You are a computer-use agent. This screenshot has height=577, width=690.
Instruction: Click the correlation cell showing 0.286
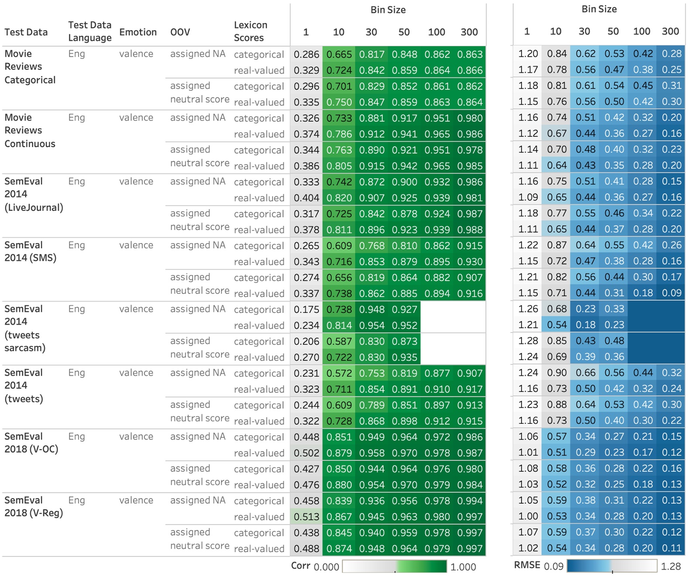point(306,55)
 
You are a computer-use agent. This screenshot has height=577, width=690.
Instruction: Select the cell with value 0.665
point(339,55)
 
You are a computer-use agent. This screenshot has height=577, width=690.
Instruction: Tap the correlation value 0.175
point(306,309)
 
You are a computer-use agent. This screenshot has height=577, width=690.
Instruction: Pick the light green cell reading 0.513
point(306,517)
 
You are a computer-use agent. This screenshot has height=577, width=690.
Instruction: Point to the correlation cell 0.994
point(470,501)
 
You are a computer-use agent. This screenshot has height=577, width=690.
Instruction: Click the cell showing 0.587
point(339,341)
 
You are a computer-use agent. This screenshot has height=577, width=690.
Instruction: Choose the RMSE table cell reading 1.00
point(528,516)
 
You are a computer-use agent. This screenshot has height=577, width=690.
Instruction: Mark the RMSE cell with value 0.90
point(557,372)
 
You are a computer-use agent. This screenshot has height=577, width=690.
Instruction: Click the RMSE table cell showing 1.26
point(528,309)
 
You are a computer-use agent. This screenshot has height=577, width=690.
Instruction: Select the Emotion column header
point(138,32)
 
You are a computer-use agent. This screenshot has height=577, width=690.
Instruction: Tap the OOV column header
point(180,32)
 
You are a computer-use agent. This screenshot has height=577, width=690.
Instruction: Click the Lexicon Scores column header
point(251,31)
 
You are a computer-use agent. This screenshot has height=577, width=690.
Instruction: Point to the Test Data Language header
point(90,31)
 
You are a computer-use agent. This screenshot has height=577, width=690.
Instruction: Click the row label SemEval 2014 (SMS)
point(31,251)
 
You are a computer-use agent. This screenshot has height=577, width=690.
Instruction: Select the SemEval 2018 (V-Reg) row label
point(34,506)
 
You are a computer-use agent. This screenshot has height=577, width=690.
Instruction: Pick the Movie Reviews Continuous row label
point(30,131)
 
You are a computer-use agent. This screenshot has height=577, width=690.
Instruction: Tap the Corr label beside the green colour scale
point(301,566)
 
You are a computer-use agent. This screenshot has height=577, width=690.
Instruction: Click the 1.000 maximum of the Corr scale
point(463,567)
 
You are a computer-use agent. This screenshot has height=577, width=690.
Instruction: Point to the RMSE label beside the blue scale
point(527,565)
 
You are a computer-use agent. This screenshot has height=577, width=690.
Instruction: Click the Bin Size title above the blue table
point(599,9)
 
